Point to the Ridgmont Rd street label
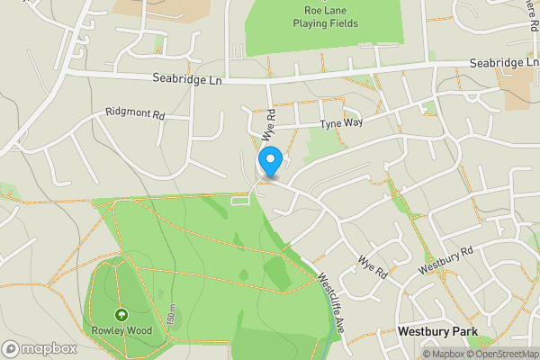(x=135, y=115)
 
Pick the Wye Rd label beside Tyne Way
(x=267, y=123)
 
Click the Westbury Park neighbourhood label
(x=436, y=332)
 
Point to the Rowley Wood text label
(x=121, y=330)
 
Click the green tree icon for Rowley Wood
(x=121, y=315)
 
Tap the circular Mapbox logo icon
(x=11, y=348)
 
